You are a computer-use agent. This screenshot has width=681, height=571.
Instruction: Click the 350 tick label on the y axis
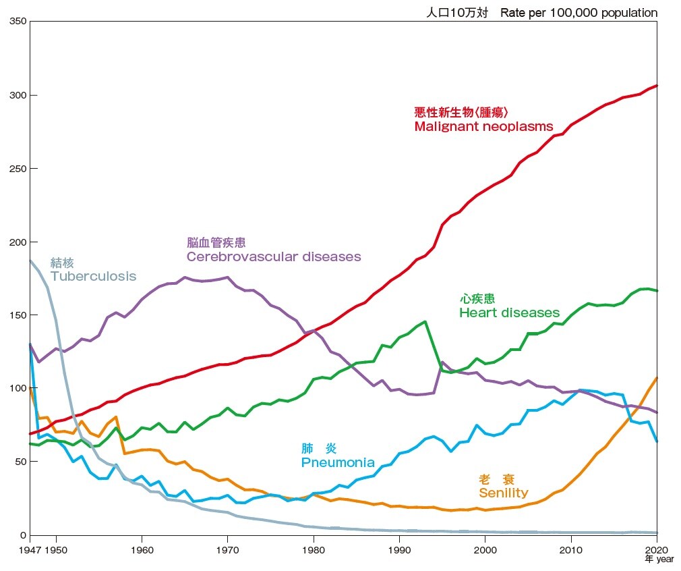18,22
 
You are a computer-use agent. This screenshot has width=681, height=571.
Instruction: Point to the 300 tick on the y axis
18,95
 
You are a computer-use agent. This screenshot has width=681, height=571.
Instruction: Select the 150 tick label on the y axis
18,315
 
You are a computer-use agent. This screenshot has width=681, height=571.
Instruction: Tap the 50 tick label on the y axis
20,462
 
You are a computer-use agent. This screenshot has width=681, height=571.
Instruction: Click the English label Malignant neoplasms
483,127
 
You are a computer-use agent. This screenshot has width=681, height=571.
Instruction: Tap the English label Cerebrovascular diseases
274,257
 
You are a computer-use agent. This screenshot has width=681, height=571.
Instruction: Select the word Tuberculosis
93,277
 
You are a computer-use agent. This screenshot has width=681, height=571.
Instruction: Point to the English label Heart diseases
509,313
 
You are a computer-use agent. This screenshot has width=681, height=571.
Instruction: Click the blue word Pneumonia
338,463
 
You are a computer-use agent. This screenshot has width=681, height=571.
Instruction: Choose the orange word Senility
503,493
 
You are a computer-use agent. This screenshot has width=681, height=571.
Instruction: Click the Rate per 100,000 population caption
579,13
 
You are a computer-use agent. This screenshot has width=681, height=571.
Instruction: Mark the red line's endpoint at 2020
657,86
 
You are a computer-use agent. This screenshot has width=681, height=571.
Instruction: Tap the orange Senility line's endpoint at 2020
657,378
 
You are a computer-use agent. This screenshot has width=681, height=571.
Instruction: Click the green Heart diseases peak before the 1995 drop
425,322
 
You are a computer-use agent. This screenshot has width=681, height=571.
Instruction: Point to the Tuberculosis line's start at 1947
30,261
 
